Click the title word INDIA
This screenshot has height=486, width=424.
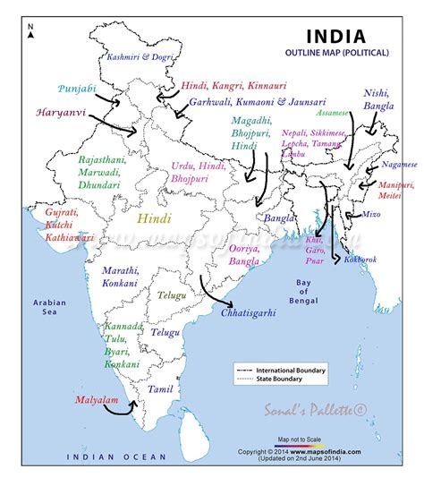tap(335, 37)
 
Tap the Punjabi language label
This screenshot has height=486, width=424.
tap(78, 89)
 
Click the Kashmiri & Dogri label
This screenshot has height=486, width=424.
tap(140, 56)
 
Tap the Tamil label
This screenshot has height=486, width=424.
tap(160, 389)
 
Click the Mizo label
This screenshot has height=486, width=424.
tap(370, 215)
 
